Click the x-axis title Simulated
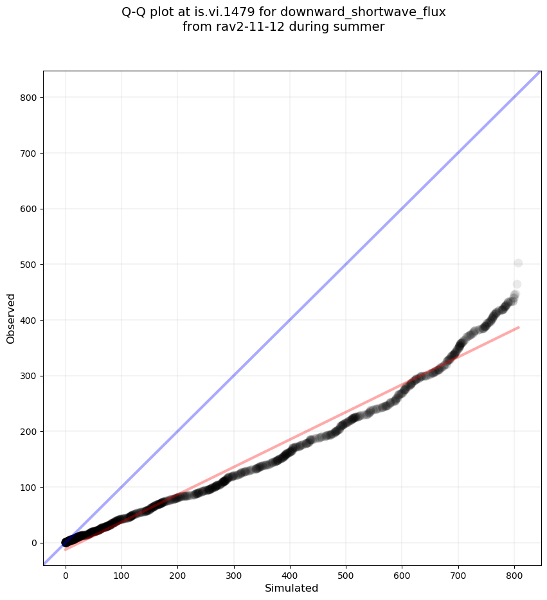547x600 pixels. (292, 588)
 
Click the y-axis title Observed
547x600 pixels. (11, 318)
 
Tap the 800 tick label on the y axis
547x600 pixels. (28, 98)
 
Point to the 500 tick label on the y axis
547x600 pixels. (28, 265)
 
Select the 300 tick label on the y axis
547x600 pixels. (28, 376)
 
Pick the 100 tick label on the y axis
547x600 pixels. (28, 487)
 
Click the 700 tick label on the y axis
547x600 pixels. (28, 154)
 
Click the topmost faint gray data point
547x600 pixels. (518, 263)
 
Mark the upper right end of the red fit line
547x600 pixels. (519, 327)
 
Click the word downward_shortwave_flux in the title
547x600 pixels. (363, 12)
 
